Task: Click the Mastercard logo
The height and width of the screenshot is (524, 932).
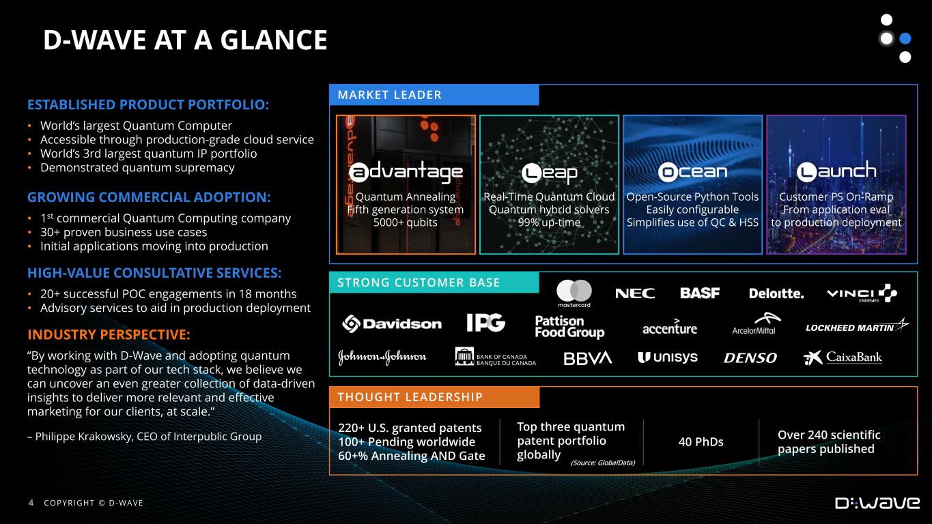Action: tap(574, 293)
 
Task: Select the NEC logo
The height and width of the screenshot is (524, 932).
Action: tap(635, 293)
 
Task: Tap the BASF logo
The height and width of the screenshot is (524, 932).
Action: tap(700, 293)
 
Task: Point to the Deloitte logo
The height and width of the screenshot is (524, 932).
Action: tap(776, 293)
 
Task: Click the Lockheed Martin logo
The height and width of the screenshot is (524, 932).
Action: tap(857, 326)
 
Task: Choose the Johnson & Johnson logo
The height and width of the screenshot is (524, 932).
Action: tap(382, 357)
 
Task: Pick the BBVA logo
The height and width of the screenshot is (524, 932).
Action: tap(587, 358)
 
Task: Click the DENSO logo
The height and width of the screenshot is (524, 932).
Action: tap(750, 358)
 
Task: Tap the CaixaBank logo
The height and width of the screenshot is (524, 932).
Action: tap(843, 358)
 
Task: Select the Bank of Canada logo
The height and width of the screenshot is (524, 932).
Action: tap(495, 357)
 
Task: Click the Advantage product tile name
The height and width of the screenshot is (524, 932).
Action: tap(406, 172)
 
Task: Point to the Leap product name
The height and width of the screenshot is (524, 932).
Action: tap(549, 173)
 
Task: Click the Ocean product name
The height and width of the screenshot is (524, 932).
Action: tap(693, 171)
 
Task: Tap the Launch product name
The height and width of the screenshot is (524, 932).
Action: tap(836, 171)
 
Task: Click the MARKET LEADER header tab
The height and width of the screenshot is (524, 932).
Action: tap(434, 95)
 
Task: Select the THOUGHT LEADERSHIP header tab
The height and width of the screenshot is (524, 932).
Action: tap(434, 397)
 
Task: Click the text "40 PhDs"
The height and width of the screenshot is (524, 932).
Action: tap(701, 441)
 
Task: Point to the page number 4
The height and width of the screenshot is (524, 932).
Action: tap(31, 503)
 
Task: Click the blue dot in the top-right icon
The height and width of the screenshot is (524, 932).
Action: tap(905, 39)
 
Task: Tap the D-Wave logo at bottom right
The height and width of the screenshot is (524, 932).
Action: tap(877, 503)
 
